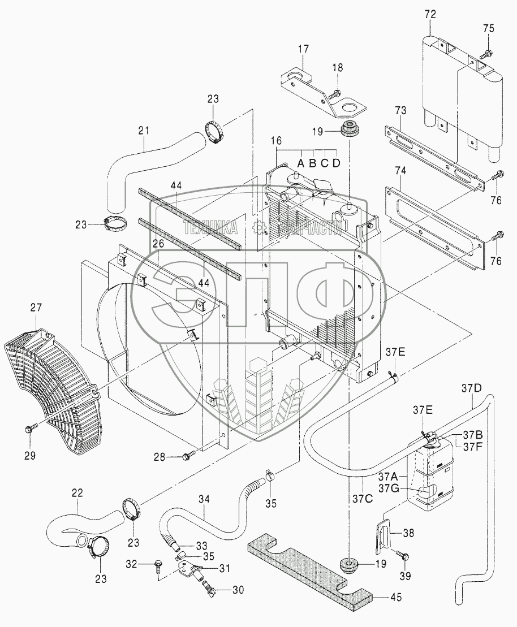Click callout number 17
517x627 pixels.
point(304,49)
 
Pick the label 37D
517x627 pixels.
point(472,388)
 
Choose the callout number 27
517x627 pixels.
point(36,308)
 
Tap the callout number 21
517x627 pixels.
point(144,131)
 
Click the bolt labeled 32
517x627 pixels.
point(158,564)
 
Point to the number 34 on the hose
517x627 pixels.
point(205,498)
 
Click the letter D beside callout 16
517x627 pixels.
point(337,164)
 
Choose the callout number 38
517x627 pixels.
point(408,532)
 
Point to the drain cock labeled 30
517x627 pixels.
point(210,589)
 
